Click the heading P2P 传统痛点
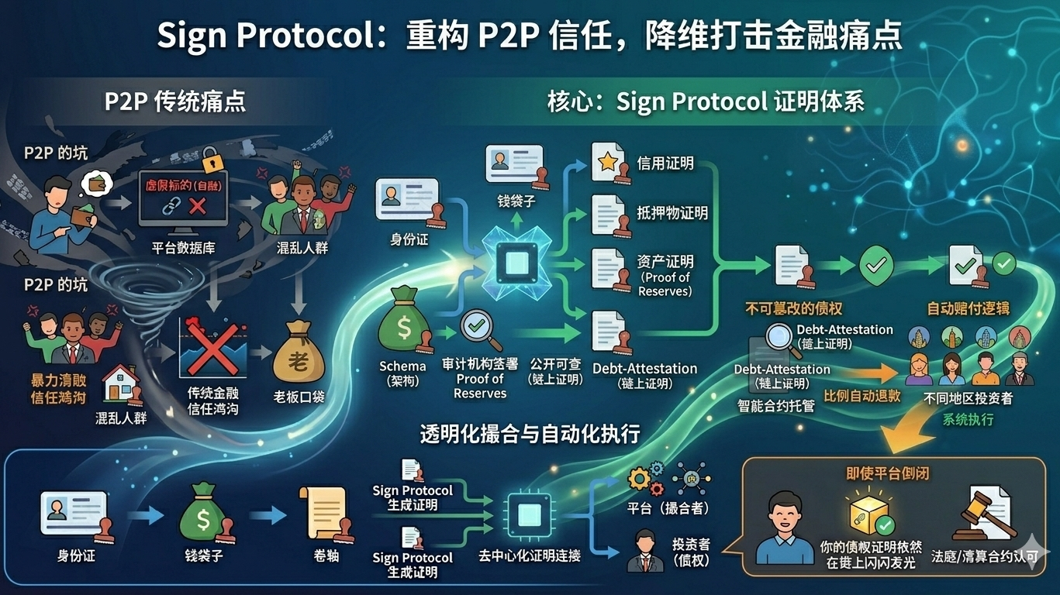click(175, 101)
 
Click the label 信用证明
click(665, 163)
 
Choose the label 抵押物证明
click(672, 212)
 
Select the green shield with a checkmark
click(876, 267)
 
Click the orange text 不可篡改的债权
click(793, 308)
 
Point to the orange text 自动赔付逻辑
click(969, 308)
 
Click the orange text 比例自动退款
click(861, 395)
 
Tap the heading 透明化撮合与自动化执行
click(530, 433)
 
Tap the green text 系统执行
click(968, 419)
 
